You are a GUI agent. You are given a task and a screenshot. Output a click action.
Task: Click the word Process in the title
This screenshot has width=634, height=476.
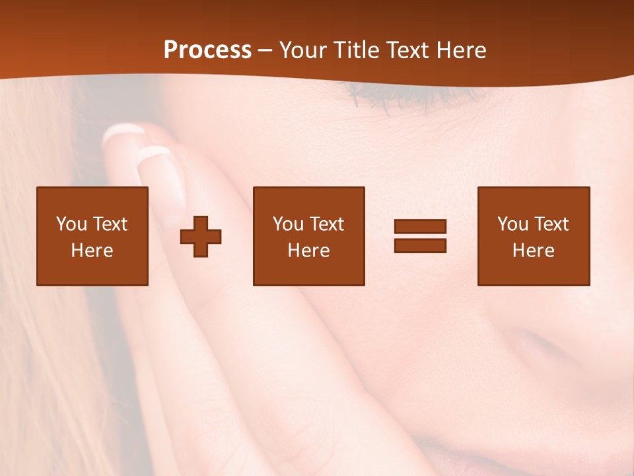pyautogui.click(x=207, y=50)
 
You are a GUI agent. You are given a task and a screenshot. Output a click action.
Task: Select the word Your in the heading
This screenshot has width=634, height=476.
pyautogui.click(x=303, y=50)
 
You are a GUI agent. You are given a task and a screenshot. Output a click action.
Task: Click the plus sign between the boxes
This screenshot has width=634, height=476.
pyautogui.click(x=201, y=236)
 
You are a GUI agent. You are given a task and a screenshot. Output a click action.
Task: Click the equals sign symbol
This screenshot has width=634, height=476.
pyautogui.click(x=420, y=236)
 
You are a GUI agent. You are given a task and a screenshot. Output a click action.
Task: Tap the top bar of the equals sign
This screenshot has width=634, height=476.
pyautogui.click(x=420, y=226)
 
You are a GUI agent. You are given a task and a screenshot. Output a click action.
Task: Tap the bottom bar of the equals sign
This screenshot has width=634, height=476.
pyautogui.click(x=420, y=245)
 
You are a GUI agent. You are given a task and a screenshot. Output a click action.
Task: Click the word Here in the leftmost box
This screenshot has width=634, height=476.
pyautogui.click(x=92, y=251)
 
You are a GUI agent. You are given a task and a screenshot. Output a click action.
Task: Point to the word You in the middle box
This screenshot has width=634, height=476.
pyautogui.click(x=288, y=224)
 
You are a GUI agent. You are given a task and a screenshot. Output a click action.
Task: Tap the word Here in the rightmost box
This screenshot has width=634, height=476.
pyautogui.click(x=533, y=251)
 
